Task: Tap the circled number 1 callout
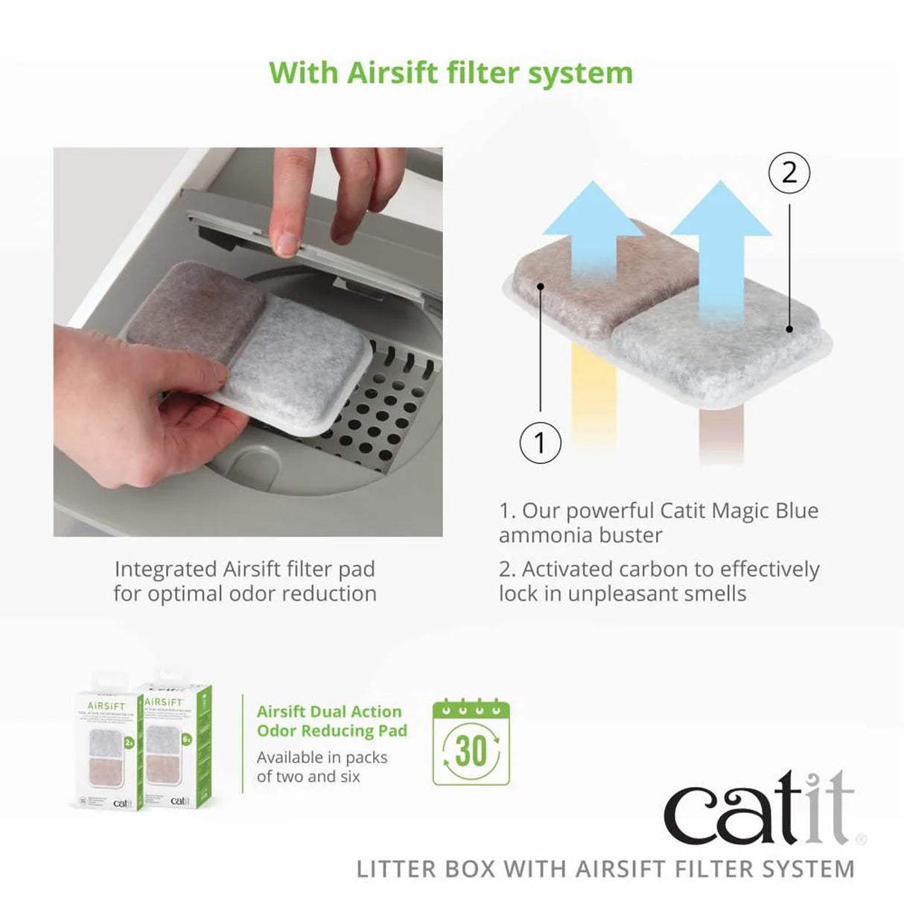click(540, 442)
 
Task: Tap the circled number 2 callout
click(789, 173)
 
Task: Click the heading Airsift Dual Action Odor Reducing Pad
click(331, 721)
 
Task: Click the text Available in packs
click(322, 757)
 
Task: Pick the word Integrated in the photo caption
click(166, 570)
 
